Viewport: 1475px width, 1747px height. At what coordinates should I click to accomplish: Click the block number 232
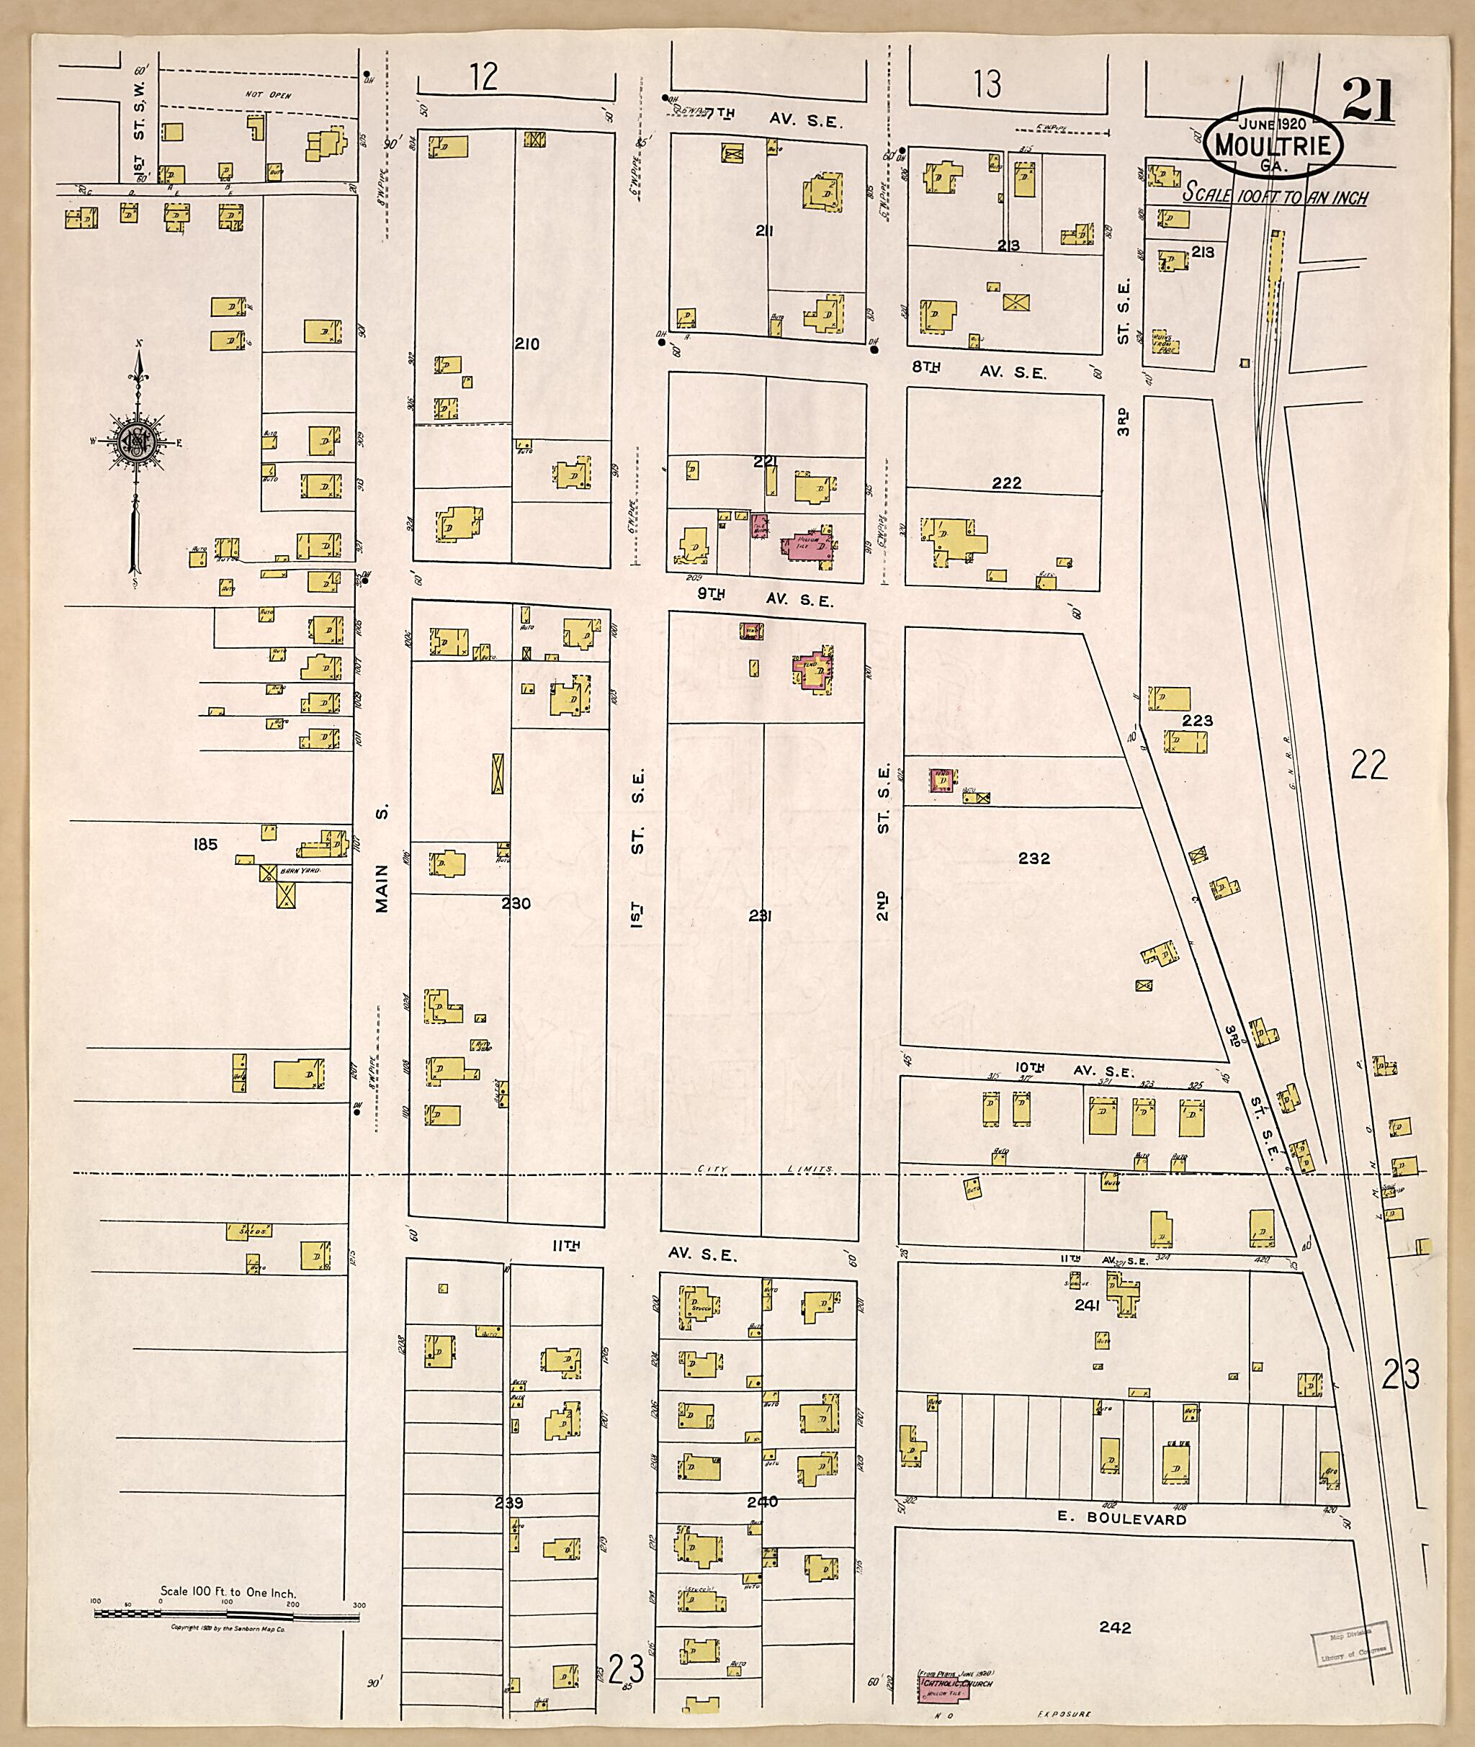tap(1034, 858)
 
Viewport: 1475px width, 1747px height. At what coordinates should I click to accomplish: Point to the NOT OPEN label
tap(269, 95)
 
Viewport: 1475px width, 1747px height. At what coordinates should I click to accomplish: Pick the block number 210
tap(526, 343)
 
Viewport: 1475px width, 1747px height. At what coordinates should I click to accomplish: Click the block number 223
tap(1198, 719)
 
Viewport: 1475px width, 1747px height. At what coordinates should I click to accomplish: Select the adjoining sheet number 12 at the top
tap(483, 77)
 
